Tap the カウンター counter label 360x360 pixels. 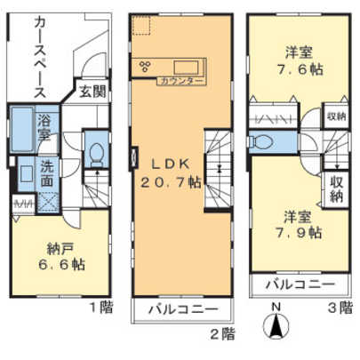tap(181, 81)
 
